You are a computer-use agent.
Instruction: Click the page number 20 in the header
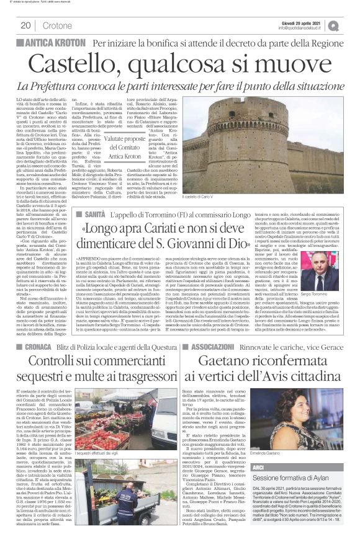click(26, 25)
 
